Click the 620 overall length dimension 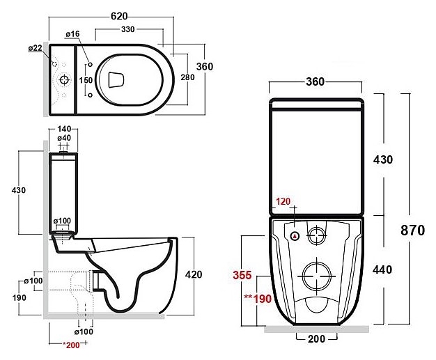click(119, 16)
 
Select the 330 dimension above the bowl click(128, 29)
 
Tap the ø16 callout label click(73, 34)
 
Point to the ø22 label click(36, 48)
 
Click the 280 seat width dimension click(187, 77)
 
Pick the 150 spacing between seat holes click(86, 80)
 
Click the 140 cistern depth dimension click(64, 129)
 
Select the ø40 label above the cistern click(64, 138)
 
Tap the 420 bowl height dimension click(194, 274)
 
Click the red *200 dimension click(72, 345)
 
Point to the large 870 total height click(412, 230)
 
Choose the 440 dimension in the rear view click(382, 269)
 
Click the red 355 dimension click(242, 275)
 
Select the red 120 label click(283, 201)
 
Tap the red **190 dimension click(258, 299)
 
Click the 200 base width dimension click(316, 338)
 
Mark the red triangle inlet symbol click(295, 236)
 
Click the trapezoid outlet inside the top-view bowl click(116, 80)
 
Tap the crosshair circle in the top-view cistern click(65, 80)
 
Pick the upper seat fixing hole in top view click(90, 65)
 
